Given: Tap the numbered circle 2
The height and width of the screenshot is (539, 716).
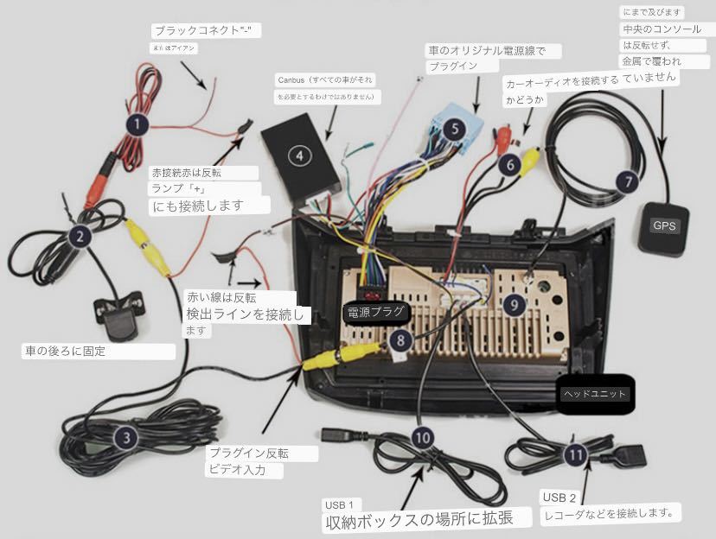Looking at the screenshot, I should point(79,235).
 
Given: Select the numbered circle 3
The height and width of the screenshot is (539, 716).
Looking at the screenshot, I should point(127,438).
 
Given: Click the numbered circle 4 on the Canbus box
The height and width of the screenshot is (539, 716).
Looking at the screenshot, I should point(299,155).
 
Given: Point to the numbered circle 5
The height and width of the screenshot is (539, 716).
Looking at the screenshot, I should point(454,130).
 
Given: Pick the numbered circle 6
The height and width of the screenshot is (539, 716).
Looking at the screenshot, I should point(510,162).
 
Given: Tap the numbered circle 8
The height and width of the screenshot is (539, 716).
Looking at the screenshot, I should point(399,339).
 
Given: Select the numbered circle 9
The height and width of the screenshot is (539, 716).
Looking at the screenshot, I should point(514,303).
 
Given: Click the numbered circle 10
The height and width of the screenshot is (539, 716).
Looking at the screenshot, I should point(422,437).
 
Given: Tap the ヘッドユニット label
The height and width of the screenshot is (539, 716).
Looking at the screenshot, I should point(596,393).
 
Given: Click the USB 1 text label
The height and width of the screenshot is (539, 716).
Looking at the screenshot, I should point(340,504).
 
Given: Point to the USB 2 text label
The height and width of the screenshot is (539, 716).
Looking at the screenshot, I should point(559,498).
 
